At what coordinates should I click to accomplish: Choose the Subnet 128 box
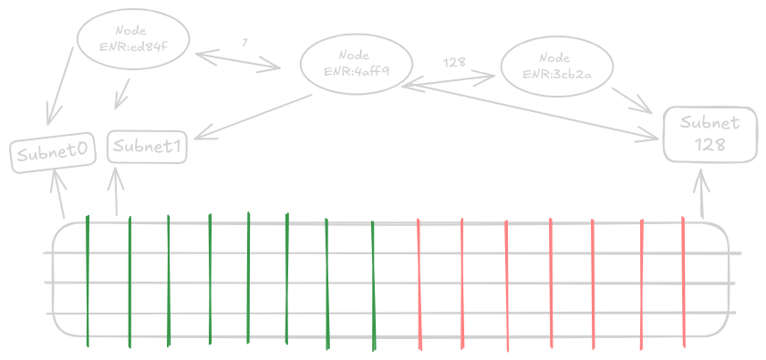coord(709,134)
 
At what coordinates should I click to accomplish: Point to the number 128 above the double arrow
coord(453,63)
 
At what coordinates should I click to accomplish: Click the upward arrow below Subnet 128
coord(701,195)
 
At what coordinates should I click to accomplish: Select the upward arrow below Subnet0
coord(60,193)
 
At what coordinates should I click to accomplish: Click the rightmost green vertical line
coord(374,283)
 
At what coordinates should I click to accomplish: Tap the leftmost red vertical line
coord(419,283)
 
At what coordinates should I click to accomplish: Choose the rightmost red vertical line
coord(683,283)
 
